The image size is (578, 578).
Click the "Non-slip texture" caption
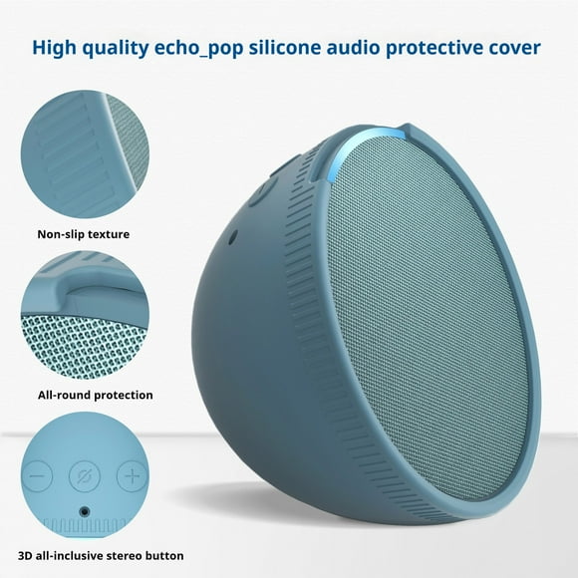point(85,235)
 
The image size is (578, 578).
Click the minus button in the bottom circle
point(36,476)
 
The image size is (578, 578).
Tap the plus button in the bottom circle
point(132,475)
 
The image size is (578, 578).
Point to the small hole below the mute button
point(84,512)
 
